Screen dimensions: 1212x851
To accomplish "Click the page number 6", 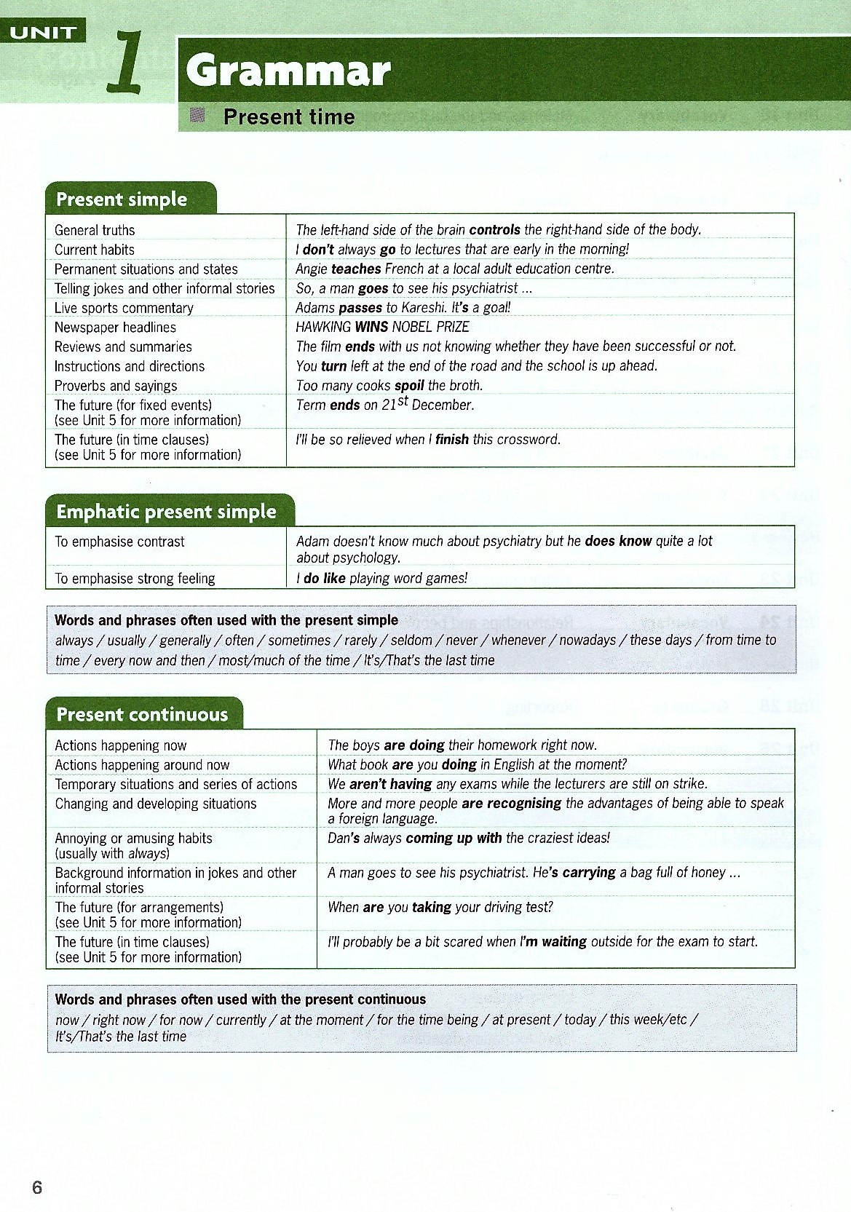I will (x=37, y=1187).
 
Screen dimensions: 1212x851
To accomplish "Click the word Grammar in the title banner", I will (x=288, y=72).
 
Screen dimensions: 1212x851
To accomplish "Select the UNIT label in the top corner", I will (x=44, y=32).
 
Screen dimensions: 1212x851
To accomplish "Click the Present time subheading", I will (x=289, y=116).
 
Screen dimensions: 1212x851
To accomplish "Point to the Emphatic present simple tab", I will (x=167, y=512).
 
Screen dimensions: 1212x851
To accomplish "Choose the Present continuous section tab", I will (x=142, y=714).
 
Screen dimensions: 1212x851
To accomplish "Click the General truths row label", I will (x=95, y=230).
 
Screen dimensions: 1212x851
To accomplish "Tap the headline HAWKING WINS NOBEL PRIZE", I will (x=382, y=327).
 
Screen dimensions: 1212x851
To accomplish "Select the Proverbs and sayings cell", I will (x=116, y=386).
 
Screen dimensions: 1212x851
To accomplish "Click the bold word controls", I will (x=495, y=230).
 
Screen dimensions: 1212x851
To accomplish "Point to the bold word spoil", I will (x=409, y=386).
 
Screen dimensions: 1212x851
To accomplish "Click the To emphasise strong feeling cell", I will (x=135, y=579).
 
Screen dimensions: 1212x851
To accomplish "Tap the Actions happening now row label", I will (x=121, y=745).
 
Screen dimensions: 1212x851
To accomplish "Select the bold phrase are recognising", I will (x=511, y=803).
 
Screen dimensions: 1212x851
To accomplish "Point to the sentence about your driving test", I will (x=440, y=907).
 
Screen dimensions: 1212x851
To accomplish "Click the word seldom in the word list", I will (x=411, y=641).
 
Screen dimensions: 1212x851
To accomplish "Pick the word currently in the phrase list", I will (x=241, y=1020).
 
